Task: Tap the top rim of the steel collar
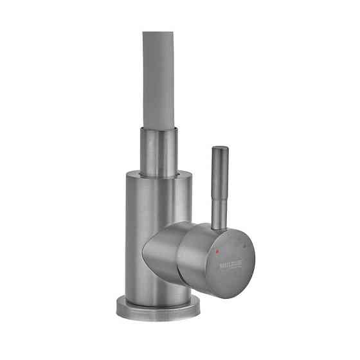(x=157, y=129)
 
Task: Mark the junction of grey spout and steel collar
(x=157, y=127)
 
